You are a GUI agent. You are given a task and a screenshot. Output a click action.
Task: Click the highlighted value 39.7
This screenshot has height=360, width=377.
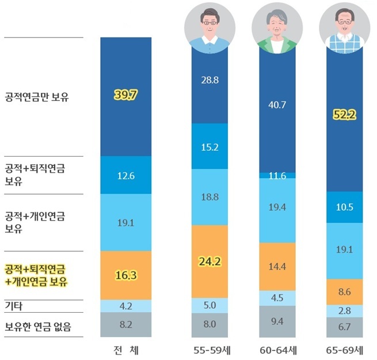pyautogui.click(x=125, y=96)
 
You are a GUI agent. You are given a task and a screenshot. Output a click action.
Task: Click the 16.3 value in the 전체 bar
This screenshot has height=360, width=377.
pyautogui.click(x=125, y=275)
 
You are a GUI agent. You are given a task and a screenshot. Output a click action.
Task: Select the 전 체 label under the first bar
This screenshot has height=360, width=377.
pyautogui.click(x=125, y=350)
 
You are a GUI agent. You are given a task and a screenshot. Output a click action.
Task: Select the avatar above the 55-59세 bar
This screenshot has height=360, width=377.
pyautogui.click(x=210, y=26)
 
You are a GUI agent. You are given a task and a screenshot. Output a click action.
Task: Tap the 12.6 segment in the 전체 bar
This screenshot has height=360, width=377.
pyautogui.click(x=125, y=176)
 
